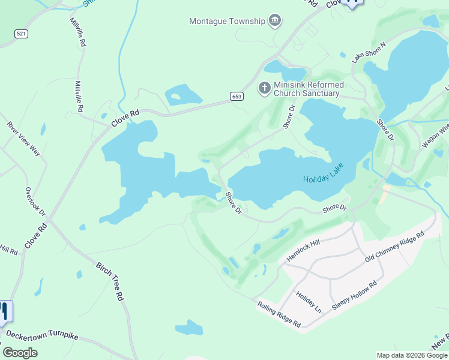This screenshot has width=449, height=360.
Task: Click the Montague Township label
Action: [227, 21]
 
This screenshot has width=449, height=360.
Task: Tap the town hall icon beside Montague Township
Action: [275, 21]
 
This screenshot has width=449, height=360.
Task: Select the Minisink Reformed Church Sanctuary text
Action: [307, 89]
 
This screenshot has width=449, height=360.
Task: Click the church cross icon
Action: [264, 89]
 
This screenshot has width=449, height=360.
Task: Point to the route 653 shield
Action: [237, 96]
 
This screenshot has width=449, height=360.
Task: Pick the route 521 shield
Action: [22, 34]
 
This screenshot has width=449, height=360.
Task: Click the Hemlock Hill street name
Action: [304, 249]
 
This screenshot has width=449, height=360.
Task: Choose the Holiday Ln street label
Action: [309, 301]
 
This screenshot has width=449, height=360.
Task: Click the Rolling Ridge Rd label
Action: [279, 313]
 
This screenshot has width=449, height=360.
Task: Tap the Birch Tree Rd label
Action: [110, 280]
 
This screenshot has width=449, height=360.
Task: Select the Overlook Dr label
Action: [35, 202]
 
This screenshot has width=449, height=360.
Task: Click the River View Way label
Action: [23, 139]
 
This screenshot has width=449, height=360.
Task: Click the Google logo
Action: [20, 353]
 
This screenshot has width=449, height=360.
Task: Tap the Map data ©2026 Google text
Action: [411, 355]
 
